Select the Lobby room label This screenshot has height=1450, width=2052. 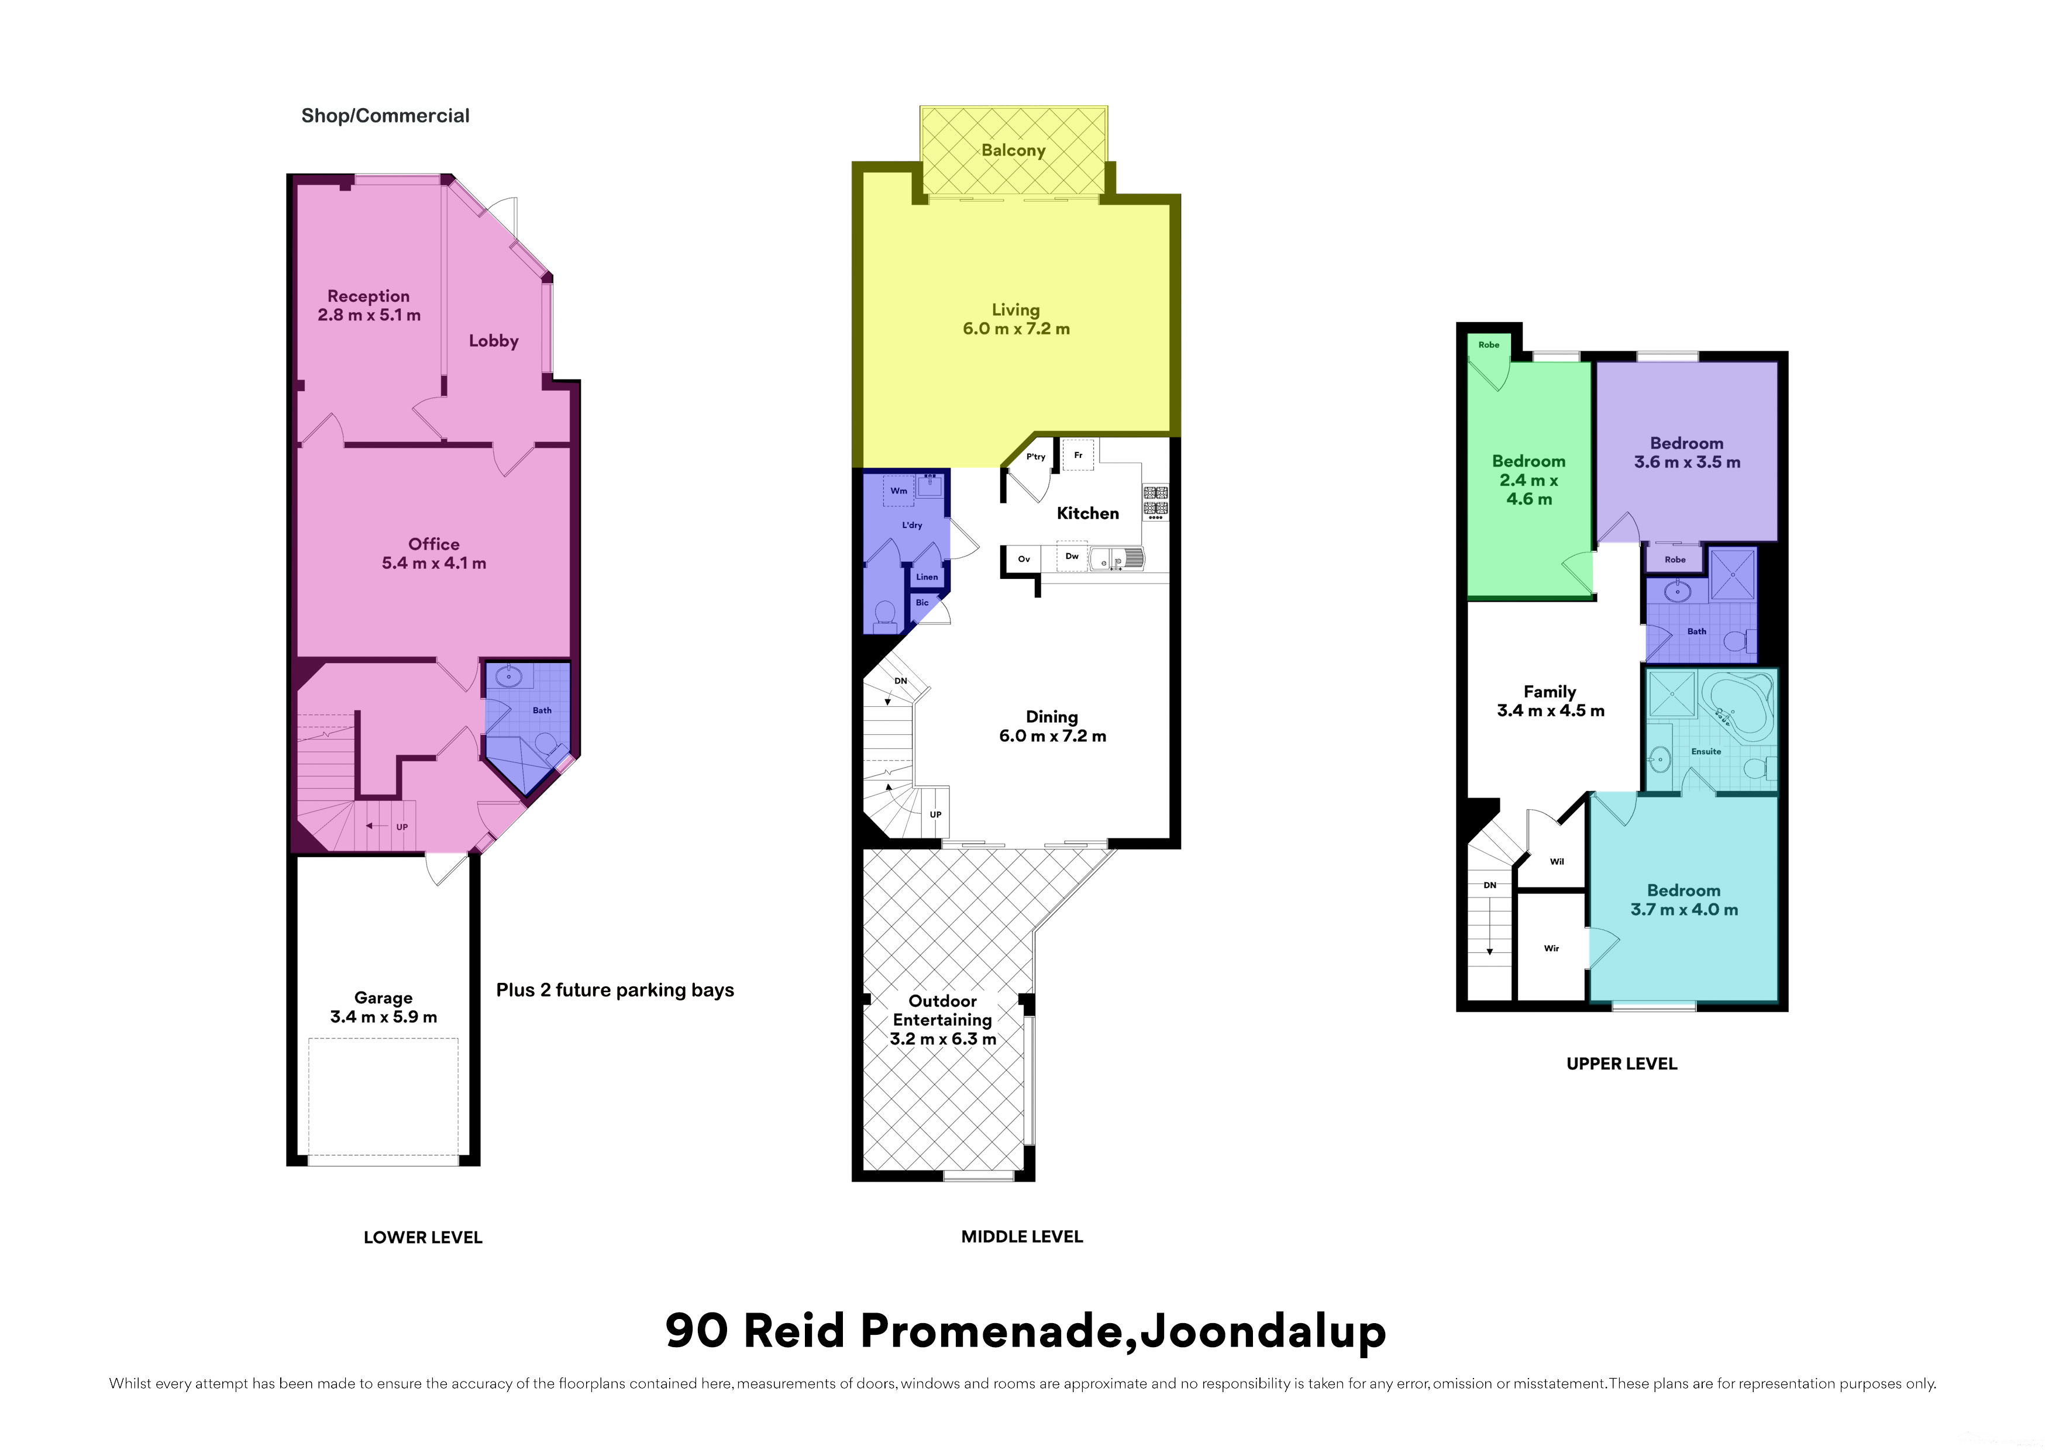[493, 340]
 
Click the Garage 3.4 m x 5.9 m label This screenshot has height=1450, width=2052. [383, 1007]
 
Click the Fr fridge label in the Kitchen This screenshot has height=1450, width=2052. [1078, 455]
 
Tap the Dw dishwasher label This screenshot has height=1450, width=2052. [1072, 555]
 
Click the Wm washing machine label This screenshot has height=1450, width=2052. [898, 491]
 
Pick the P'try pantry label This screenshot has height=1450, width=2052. [1036, 457]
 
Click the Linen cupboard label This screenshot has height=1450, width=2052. [927, 577]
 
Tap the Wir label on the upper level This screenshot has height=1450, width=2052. [1551, 948]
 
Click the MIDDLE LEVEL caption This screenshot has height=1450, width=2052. [1021, 1237]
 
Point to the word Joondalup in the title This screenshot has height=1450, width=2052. [1263, 1331]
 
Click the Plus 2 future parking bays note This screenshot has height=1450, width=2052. [615, 990]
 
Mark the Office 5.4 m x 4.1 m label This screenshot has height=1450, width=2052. [435, 553]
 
